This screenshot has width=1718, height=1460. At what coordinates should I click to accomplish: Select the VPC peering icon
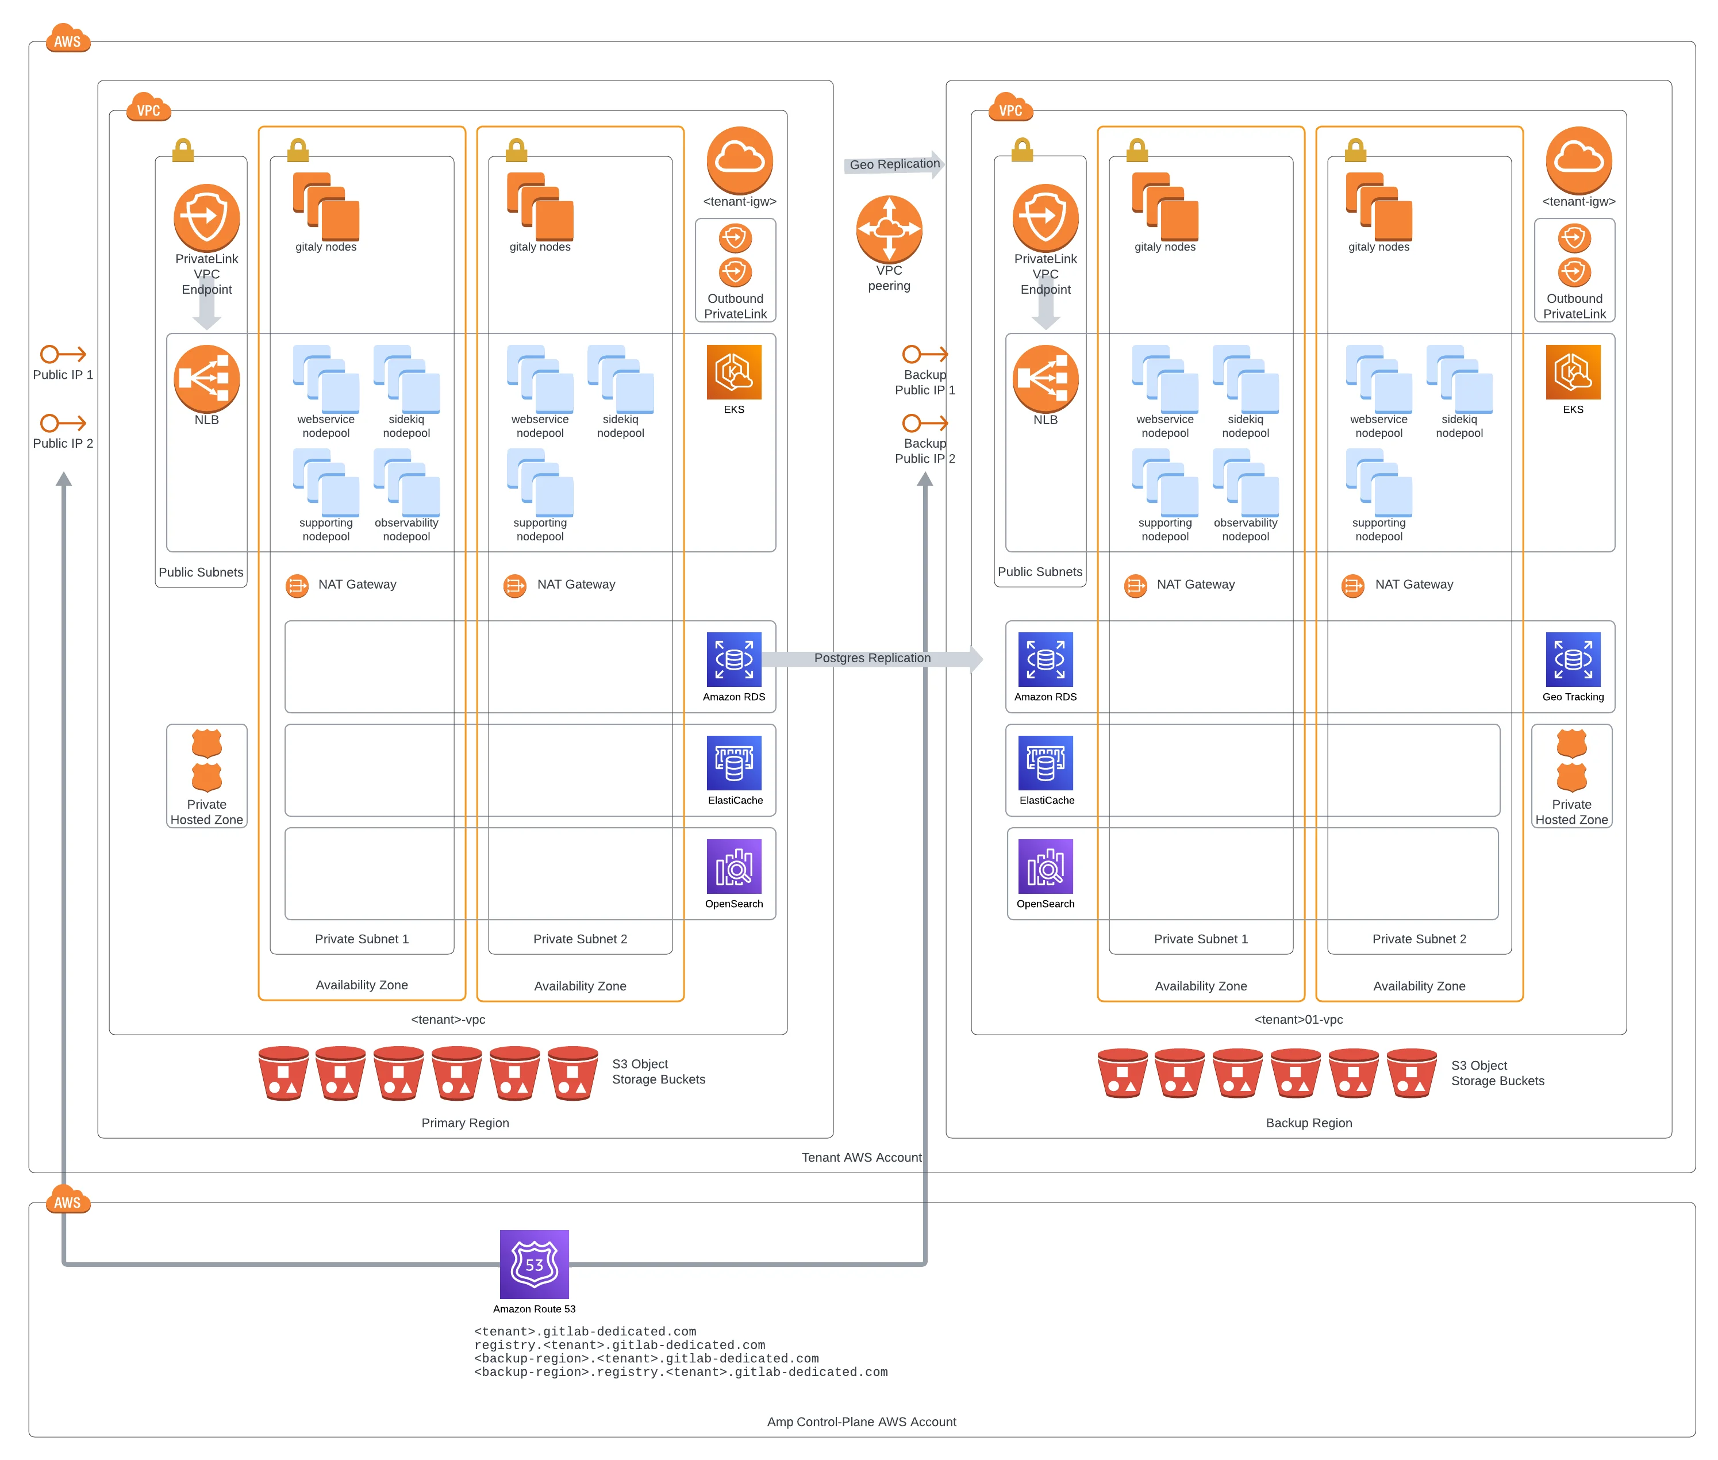coord(889,229)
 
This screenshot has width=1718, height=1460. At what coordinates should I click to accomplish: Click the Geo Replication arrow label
coord(894,164)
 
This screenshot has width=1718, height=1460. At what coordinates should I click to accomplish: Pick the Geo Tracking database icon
coord(1573,660)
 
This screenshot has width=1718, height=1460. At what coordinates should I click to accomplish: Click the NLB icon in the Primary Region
coord(206,378)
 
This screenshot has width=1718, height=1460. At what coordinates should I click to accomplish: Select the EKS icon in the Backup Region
coord(1573,372)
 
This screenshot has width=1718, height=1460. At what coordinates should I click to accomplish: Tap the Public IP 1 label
coord(63,374)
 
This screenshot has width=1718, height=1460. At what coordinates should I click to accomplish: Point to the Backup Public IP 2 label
coord(924,451)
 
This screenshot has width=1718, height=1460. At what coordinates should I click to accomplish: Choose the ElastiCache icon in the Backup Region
coord(1045,762)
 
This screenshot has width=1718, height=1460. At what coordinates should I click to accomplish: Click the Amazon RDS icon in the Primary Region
coord(733,660)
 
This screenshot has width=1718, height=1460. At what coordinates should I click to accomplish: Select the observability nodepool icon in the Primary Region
coord(406,482)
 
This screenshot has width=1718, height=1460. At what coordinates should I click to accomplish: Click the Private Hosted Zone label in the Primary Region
coord(206,812)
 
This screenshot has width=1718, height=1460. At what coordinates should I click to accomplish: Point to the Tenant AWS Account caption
coord(860,1157)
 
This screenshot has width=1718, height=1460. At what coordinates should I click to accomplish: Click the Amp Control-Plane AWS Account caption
coord(860,1421)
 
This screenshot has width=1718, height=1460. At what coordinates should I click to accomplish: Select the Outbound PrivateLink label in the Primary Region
coord(735,306)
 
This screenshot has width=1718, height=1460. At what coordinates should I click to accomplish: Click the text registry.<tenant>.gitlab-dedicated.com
coord(619,1345)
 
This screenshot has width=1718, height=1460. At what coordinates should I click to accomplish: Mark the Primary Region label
coord(465,1123)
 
